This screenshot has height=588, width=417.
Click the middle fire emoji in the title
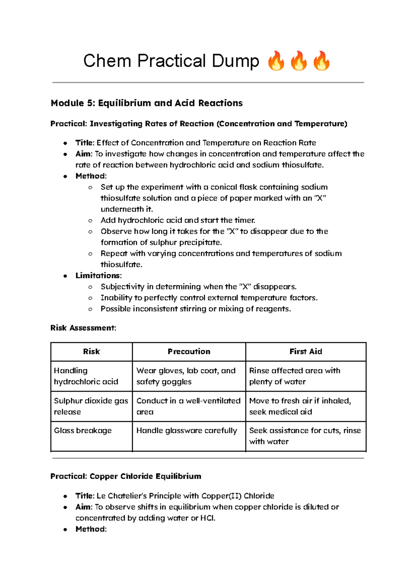coord(299,61)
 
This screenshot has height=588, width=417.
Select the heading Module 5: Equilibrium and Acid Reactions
coord(147,103)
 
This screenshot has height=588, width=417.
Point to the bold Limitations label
coord(98,276)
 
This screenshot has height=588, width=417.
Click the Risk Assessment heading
coord(83,328)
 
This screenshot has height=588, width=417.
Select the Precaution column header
coord(189,352)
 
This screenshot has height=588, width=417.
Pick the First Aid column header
coord(305,352)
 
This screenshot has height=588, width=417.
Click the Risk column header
coord(91,352)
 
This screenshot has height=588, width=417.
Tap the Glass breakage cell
coord(83,431)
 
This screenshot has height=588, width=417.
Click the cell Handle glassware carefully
coord(187,431)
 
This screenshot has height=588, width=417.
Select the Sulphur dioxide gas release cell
coord(91,406)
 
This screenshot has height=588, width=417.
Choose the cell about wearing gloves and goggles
coord(186,376)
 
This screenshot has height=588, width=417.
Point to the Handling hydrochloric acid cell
coord(86,376)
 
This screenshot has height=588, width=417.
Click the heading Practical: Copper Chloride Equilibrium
coord(126,476)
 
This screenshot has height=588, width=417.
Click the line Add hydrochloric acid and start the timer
coord(178,220)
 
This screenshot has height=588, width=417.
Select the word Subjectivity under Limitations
coord(122,287)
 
